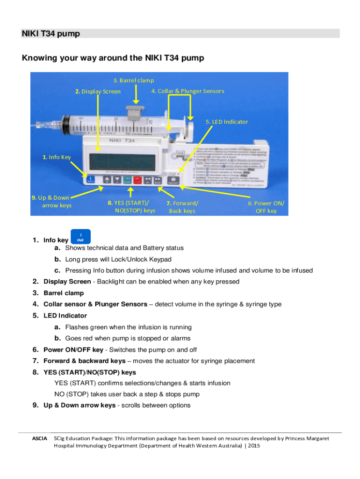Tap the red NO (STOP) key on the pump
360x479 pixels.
137,180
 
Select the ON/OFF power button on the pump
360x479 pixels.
173,180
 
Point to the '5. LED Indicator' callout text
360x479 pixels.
227,122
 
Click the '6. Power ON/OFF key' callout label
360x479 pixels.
266,207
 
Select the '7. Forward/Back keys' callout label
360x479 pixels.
182,207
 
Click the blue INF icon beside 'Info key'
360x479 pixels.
80,237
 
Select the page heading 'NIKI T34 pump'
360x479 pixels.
50,34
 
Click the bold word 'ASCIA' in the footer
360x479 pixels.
39,438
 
